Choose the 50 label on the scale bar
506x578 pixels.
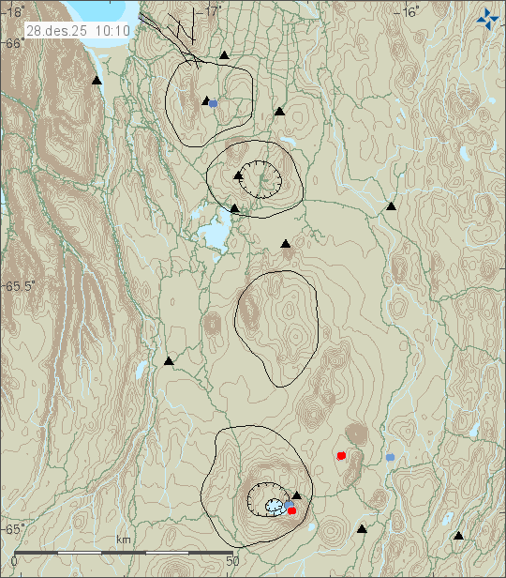(234, 561)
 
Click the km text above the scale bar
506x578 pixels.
(123, 540)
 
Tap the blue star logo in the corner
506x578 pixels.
(486, 17)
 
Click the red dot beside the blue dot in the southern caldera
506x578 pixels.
(292, 510)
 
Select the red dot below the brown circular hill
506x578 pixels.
(341, 455)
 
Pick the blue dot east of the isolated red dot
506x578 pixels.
(390, 457)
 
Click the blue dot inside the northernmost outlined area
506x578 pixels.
(214, 103)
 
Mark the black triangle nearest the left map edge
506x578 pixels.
(97, 82)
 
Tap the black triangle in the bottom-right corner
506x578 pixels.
(458, 536)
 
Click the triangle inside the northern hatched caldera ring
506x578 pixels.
(239, 175)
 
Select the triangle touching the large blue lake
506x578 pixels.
(234, 208)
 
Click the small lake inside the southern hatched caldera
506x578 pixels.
(274, 506)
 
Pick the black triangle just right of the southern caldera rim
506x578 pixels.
(297, 494)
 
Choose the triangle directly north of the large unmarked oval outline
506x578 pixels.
(286, 244)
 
